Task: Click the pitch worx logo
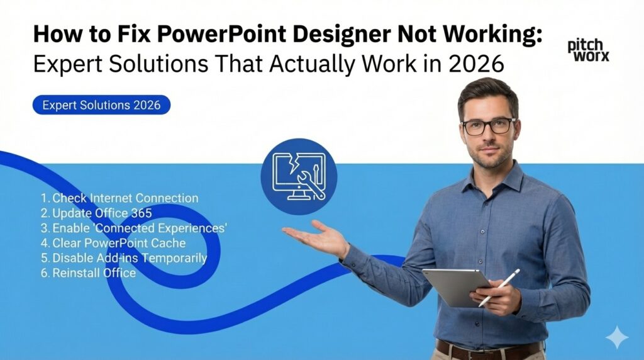point(588,51)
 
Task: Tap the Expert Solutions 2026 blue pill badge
point(101,105)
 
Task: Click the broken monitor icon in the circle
point(299,177)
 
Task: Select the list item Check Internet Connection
point(119,198)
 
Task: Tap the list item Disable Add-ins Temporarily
point(123,258)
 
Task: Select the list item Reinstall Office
point(87,273)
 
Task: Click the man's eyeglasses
point(489,126)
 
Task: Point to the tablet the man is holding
point(455,287)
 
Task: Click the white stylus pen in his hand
point(499,287)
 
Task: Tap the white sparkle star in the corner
point(616,337)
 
